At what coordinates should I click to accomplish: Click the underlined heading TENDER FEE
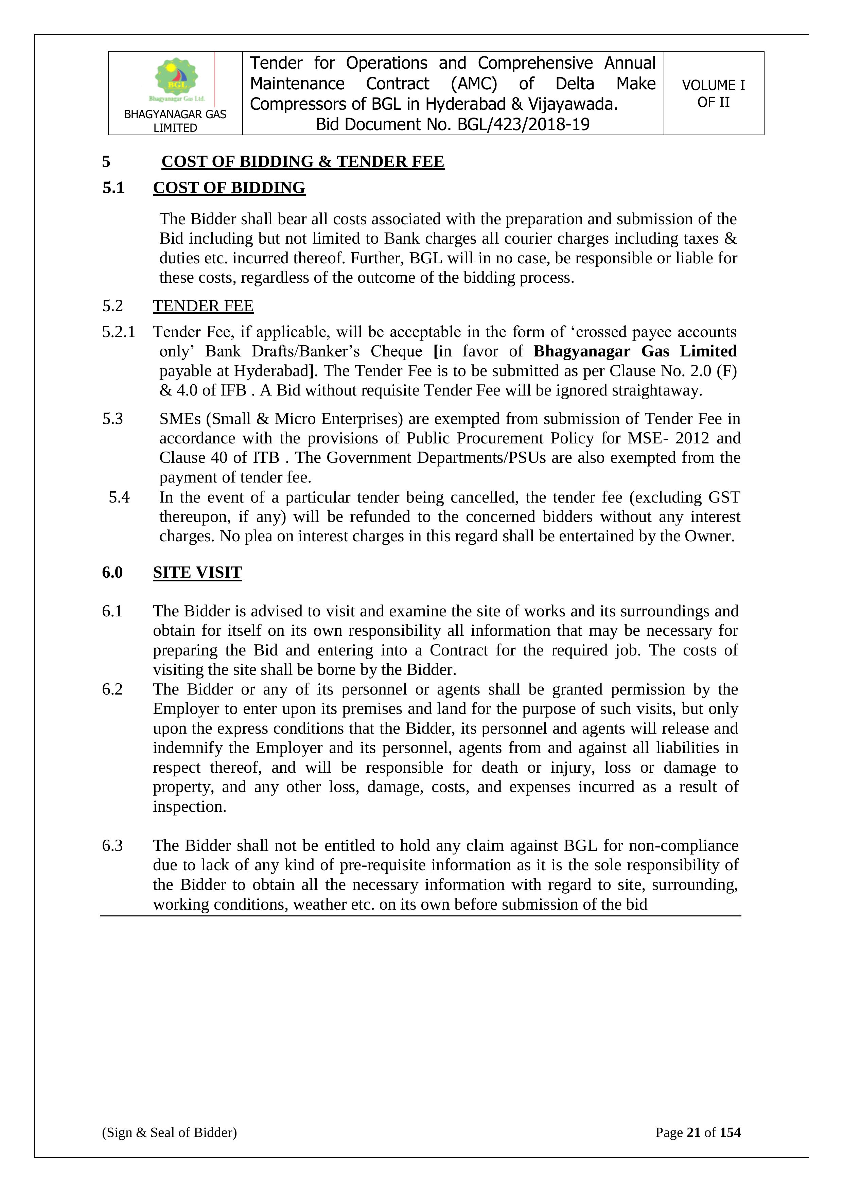point(203,306)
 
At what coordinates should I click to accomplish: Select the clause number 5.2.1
point(118,332)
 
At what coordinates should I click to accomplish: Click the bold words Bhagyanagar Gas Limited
point(635,351)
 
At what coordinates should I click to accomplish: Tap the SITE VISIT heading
point(197,572)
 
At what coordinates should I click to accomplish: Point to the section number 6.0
point(112,572)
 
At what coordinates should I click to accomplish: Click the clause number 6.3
point(112,846)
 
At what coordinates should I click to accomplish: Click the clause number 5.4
point(119,497)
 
